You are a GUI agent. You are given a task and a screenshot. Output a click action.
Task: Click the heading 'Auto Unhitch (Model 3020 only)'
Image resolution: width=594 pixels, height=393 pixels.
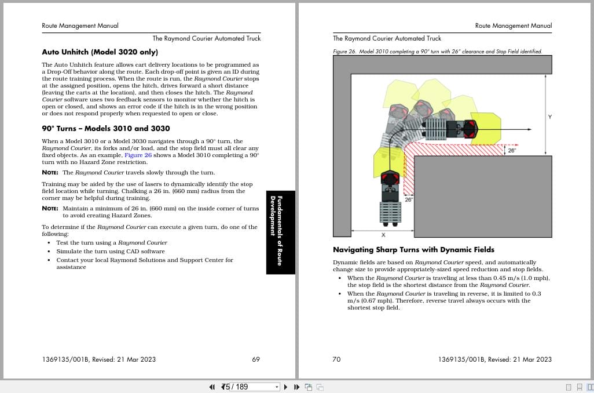(x=100, y=52)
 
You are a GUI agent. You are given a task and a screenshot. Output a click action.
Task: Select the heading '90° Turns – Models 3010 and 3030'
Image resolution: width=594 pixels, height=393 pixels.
(x=106, y=128)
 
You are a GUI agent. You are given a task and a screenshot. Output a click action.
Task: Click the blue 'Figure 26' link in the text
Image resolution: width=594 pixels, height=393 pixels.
(x=138, y=155)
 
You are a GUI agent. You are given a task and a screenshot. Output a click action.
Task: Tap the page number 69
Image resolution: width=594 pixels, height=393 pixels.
(x=256, y=359)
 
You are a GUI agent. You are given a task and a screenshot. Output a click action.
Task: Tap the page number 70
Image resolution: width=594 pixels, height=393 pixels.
(x=336, y=359)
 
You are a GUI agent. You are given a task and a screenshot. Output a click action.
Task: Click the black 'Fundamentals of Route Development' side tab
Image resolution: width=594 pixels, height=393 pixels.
(x=280, y=232)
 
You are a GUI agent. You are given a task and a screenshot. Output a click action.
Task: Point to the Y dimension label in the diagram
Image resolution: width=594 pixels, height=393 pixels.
(x=549, y=118)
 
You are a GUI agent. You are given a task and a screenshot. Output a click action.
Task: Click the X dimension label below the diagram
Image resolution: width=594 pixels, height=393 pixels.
(x=383, y=235)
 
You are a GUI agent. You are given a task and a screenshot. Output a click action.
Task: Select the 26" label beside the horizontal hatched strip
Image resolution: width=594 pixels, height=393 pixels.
(x=511, y=151)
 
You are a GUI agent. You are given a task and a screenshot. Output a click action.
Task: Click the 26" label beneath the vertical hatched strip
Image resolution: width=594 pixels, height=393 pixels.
(x=408, y=199)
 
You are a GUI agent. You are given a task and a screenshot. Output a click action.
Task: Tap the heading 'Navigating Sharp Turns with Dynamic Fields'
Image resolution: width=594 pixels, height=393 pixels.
(x=413, y=250)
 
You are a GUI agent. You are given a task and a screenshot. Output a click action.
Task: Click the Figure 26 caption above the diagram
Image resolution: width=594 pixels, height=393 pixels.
(x=437, y=52)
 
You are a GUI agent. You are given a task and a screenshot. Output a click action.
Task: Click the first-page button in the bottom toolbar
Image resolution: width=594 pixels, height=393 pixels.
(x=211, y=387)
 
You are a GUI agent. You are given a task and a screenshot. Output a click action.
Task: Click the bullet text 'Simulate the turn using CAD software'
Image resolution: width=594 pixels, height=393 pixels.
(x=110, y=252)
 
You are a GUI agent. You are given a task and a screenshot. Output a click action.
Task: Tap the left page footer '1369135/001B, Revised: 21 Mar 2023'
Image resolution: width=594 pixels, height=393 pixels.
(x=98, y=359)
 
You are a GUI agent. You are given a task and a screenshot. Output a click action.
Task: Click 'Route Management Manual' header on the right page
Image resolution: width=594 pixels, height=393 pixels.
(x=513, y=26)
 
